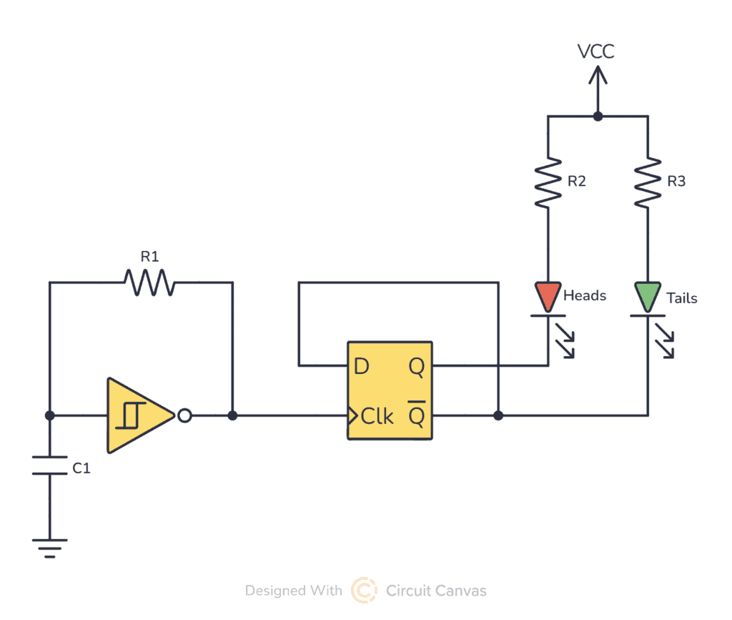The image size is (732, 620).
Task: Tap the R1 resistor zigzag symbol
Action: pyautogui.click(x=149, y=282)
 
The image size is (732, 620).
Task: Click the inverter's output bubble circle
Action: pyautogui.click(x=184, y=415)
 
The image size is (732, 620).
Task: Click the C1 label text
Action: pyautogui.click(x=81, y=469)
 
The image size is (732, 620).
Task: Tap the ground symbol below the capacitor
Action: pyautogui.click(x=49, y=548)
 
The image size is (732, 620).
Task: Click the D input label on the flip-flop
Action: pyautogui.click(x=362, y=367)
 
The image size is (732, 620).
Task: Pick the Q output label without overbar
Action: pyautogui.click(x=416, y=367)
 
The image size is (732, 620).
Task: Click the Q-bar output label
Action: pyautogui.click(x=416, y=415)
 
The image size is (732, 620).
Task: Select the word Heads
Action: pyautogui.click(x=585, y=295)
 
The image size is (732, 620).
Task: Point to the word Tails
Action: pyautogui.click(x=681, y=297)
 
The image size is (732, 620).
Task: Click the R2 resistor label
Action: pyautogui.click(x=576, y=182)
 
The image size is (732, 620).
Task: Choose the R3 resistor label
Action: pyautogui.click(x=676, y=182)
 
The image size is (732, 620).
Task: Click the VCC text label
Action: pyautogui.click(x=596, y=51)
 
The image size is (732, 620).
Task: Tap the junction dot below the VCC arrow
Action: pyautogui.click(x=598, y=116)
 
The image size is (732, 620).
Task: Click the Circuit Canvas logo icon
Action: pyautogui.click(x=364, y=591)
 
